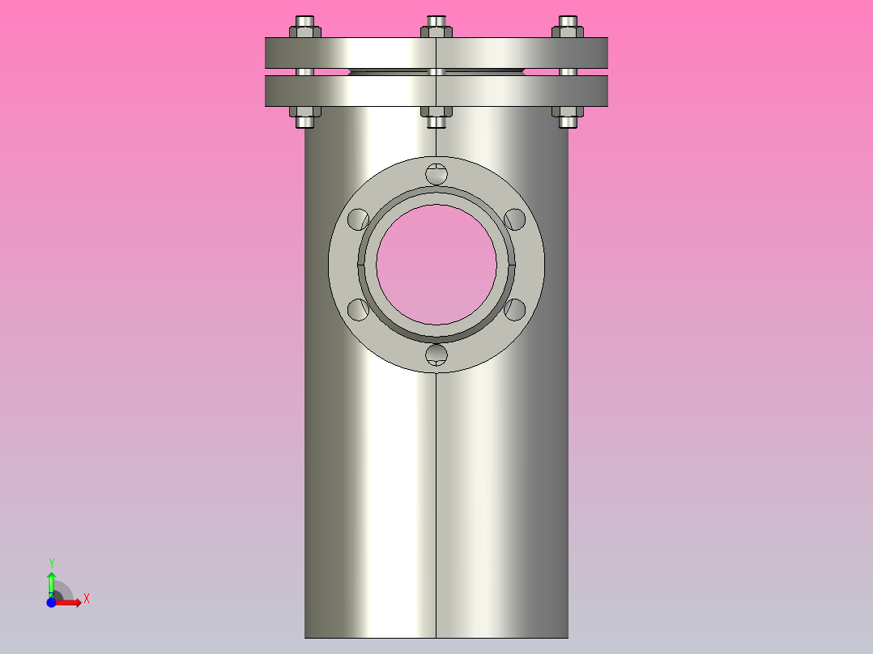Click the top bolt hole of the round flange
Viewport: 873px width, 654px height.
tap(436, 173)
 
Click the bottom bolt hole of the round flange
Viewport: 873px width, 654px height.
tap(436, 354)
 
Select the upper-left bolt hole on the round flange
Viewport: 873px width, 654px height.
tap(357, 219)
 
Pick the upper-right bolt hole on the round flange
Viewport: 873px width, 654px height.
tap(515, 219)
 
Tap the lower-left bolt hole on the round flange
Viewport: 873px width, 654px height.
tap(357, 308)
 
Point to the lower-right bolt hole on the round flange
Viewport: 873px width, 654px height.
tap(515, 308)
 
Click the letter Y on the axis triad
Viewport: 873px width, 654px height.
tap(52, 563)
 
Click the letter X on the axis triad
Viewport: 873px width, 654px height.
tap(86, 598)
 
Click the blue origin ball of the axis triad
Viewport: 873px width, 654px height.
tap(51, 603)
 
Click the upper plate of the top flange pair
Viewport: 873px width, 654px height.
tap(373, 53)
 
